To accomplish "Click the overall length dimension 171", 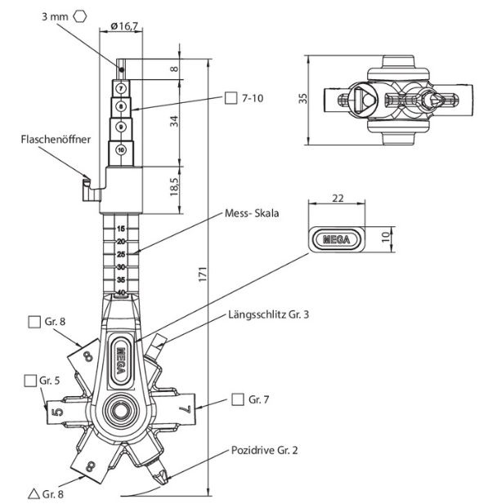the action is [202, 274].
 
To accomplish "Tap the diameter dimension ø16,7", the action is [124, 25].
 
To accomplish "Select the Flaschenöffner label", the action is [56, 139].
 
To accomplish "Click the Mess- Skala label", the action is [252, 213].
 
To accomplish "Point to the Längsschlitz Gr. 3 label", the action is [268, 314].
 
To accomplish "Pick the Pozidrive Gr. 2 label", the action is [264, 450].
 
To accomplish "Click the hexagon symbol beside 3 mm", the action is [79, 16].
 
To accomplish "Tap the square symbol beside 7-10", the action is [231, 98].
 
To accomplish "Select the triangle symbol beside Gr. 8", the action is [34, 493].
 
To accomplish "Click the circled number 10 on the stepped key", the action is [121, 150].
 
